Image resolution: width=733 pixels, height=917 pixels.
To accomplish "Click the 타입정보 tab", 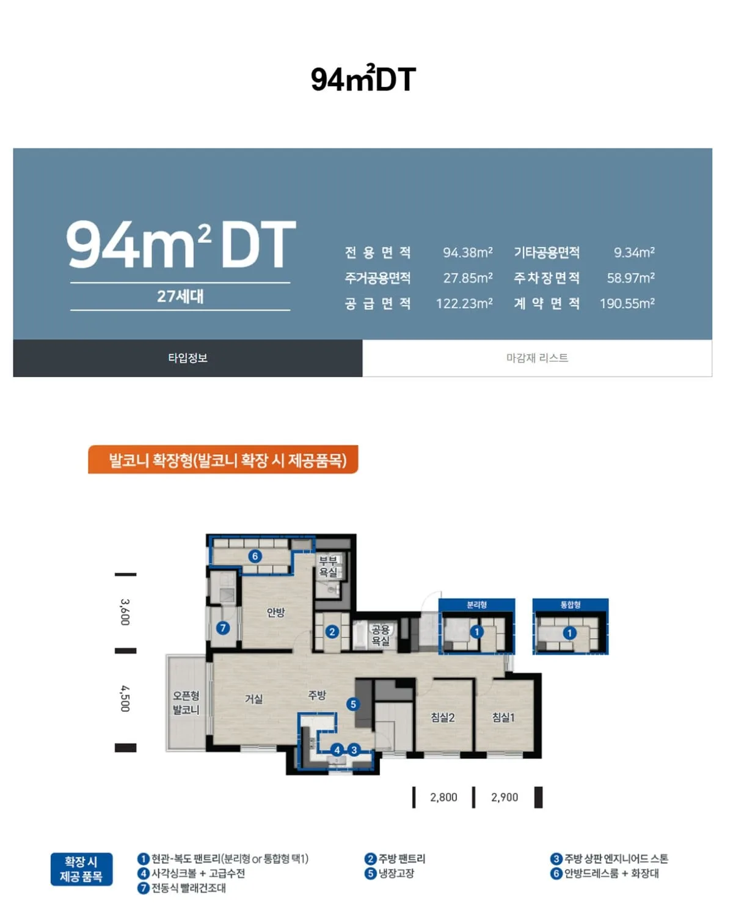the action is pos(188,358).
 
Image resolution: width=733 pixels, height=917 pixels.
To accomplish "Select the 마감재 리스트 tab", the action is pos(537,358).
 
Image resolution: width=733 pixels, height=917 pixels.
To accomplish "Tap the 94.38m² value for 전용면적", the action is pos(468,252).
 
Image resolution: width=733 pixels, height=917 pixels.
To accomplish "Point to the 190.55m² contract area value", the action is pos(627,303).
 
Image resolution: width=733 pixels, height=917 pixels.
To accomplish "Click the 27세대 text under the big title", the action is pos(180,296).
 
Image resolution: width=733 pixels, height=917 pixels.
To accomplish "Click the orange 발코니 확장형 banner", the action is pos(223,459).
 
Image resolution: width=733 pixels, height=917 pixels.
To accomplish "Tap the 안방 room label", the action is pos(275,613).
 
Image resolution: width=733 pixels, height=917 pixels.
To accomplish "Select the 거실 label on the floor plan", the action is pos(253,699).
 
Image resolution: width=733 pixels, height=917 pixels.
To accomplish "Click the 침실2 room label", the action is pos(442,718).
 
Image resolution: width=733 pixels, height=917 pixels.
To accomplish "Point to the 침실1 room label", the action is pos(503,718).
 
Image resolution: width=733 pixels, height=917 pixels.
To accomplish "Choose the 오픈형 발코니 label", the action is pos(186,702).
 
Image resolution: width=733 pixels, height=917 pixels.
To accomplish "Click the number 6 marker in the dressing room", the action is pos(255,556).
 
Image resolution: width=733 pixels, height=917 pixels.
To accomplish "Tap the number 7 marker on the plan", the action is pos(223,628).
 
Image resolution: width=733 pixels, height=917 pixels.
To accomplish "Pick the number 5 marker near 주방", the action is pos(352,704).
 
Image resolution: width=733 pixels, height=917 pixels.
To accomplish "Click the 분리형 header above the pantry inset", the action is pos(476,605).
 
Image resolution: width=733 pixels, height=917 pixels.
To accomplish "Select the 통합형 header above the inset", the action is pos(571,605).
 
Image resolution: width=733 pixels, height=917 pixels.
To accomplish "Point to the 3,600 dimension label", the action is pos(125,612).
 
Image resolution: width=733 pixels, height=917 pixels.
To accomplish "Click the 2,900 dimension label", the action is pos(505,797).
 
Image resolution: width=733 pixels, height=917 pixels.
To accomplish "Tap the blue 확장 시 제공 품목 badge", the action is pos(81,869).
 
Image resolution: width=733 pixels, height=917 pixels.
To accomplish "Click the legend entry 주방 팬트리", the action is pos(395,859).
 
